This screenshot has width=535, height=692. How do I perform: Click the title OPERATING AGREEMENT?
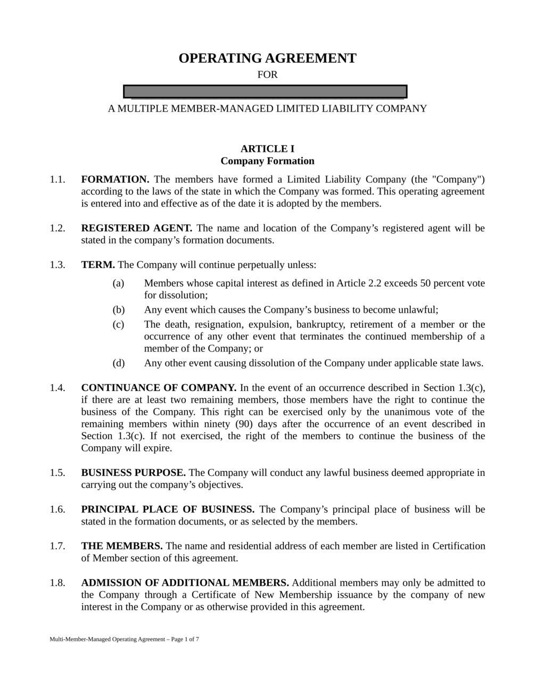[x=267, y=59]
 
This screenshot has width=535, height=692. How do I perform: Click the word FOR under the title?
[x=267, y=75]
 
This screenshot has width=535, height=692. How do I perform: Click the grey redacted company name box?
[x=265, y=91]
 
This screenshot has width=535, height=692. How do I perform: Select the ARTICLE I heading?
[x=267, y=149]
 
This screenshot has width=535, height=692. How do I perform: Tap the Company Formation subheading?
[x=267, y=161]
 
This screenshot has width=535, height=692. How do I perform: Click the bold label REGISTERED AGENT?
[x=137, y=228]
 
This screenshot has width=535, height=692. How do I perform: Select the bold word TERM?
[x=98, y=265]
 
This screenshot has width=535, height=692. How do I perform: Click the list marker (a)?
[x=118, y=283]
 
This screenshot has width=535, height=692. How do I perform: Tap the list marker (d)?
[x=118, y=363]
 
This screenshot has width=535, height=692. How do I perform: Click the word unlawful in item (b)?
[x=417, y=310]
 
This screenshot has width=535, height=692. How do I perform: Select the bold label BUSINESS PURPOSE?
[x=133, y=473]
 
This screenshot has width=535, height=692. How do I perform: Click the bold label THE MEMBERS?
[x=122, y=546]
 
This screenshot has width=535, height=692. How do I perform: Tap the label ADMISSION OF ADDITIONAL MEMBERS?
[x=185, y=583]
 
